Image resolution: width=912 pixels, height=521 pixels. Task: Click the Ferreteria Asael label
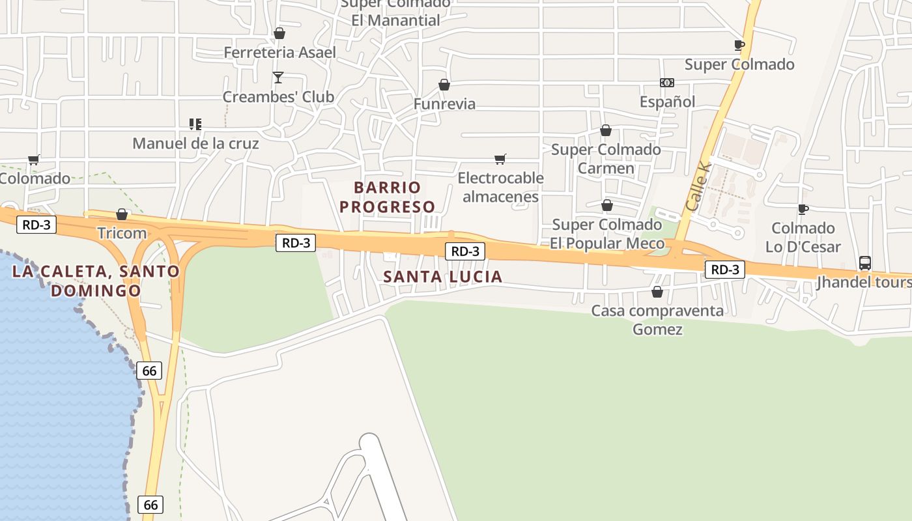coord(279,52)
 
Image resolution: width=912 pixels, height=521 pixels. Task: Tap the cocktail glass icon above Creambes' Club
coord(278,77)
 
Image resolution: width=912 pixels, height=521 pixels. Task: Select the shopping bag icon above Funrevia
coord(444,85)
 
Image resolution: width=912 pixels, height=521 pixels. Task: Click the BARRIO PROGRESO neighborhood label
coord(388,197)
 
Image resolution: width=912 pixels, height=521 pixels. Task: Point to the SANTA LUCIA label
coord(443,277)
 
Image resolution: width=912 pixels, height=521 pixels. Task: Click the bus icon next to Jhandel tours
coord(865,263)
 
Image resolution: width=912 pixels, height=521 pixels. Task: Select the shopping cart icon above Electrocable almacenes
coord(500,159)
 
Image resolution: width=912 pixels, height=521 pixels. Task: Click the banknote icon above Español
coord(667,83)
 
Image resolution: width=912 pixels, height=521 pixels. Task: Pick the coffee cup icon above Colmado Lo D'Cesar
coord(803,209)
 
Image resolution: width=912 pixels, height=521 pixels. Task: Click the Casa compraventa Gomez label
coord(657,320)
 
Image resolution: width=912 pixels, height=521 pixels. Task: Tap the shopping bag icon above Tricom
coord(122,214)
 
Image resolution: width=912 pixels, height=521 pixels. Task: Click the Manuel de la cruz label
coord(195,143)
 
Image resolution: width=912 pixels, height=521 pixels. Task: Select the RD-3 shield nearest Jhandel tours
coord(725,270)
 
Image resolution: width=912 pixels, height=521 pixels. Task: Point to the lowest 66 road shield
coord(150,504)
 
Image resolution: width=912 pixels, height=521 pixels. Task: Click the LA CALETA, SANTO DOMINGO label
coord(96,281)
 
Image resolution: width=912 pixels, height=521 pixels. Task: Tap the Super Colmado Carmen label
coord(606,159)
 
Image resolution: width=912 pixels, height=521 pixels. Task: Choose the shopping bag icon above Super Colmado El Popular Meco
coord(607,205)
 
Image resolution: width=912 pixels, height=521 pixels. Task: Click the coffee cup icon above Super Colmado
coord(739,45)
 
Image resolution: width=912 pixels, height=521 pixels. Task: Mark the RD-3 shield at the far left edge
coord(36,225)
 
